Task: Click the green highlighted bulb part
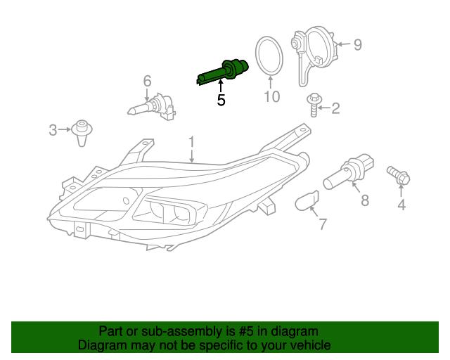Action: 222,72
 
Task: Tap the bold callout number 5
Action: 221,100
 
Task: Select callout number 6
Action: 147,81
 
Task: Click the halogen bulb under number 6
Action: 152,107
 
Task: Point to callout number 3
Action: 53,130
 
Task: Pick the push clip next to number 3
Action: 82,133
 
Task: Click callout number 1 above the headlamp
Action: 191,143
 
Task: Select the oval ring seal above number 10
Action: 269,56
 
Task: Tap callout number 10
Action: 272,96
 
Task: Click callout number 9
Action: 358,45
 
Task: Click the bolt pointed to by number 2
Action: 314,105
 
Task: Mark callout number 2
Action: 335,108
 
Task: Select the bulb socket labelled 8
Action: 349,172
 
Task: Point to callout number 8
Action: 365,200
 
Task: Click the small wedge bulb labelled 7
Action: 307,200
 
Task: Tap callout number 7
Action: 323,224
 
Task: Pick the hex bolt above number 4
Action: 399,175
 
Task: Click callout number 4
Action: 401,205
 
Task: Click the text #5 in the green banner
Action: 246,331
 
